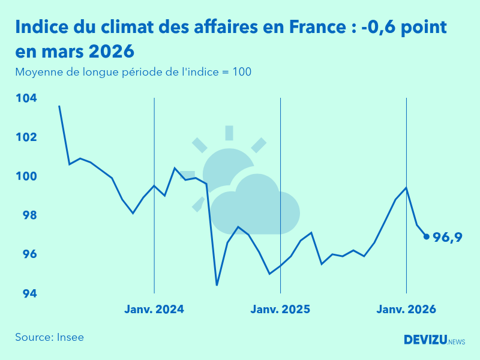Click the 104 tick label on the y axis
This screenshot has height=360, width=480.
point(25,98)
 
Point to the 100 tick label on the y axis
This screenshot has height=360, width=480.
point(25,176)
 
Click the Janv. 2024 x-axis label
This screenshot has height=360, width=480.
point(154,310)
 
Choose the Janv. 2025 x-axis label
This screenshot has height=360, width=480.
point(280,310)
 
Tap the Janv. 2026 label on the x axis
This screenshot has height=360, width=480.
point(406,310)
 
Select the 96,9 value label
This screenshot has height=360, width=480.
point(448,238)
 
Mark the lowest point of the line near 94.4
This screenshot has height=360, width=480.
point(217,285)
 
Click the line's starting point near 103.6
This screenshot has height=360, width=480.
point(59,106)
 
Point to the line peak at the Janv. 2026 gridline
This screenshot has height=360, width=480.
point(407,188)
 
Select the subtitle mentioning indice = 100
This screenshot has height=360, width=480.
point(133,72)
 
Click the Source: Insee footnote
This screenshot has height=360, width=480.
point(50,337)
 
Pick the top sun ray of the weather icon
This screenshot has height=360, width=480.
point(229,133)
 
